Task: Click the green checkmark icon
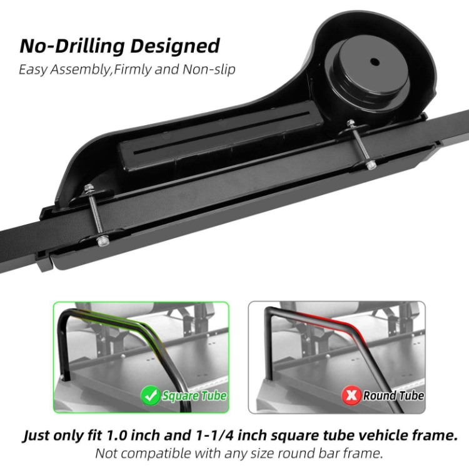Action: point(150,395)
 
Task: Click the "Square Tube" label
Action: point(194,395)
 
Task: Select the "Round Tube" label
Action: point(393,395)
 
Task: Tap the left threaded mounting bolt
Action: point(96,213)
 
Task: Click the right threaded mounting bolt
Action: point(361,144)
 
